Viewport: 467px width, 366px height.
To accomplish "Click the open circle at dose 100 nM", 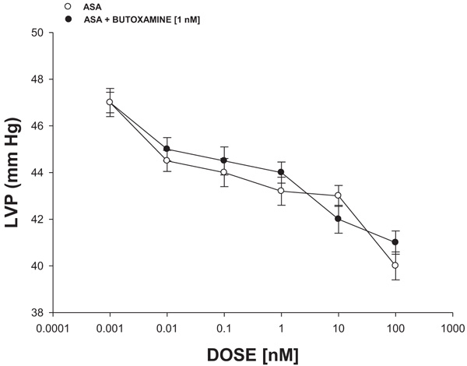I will [395, 266].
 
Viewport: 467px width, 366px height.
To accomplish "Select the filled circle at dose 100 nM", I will [395, 242].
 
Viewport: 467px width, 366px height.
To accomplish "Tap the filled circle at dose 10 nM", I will [338, 219].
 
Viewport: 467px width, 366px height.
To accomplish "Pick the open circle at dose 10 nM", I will [338, 195].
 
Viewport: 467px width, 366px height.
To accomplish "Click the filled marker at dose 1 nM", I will [281, 172].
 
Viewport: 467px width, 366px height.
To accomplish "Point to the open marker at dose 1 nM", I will [281, 191].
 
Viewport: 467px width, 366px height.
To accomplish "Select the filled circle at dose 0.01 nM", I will [167, 149].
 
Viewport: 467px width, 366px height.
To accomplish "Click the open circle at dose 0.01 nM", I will [167, 160].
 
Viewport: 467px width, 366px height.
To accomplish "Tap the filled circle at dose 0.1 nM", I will [224, 160].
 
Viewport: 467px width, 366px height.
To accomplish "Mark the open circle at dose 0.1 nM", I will [224, 172].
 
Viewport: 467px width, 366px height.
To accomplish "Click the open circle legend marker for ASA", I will [68, 6].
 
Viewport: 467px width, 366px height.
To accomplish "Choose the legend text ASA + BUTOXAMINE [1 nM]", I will [137, 18].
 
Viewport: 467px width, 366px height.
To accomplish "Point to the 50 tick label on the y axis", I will [37, 33].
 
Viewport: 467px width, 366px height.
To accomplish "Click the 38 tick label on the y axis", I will [37, 312].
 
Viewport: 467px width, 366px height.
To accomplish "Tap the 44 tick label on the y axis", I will [37, 172].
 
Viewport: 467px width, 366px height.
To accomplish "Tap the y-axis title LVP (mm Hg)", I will [12, 173].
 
